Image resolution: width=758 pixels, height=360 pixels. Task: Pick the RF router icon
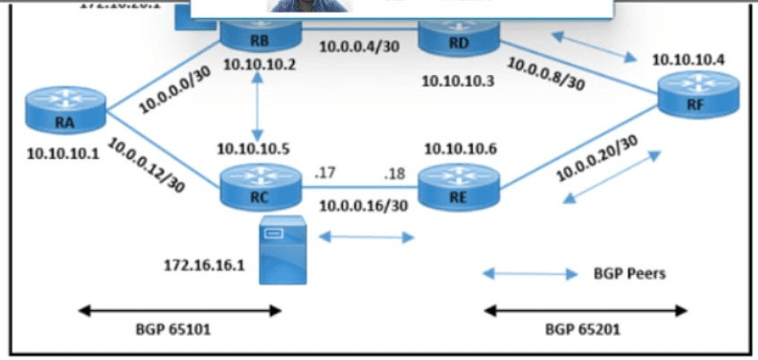pyautogui.click(x=699, y=95)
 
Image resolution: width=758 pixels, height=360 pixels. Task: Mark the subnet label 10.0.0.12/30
pyautogui.click(x=147, y=166)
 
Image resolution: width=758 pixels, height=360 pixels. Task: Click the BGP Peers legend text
pyautogui.click(x=629, y=274)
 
